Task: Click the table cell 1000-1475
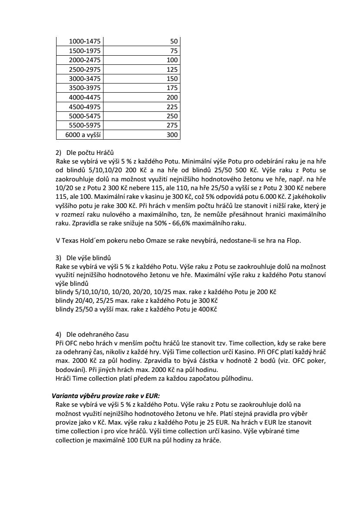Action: pyautogui.click(x=85, y=41)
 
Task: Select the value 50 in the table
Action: pyautogui.click(x=174, y=41)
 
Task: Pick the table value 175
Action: pyautogui.click(x=172, y=88)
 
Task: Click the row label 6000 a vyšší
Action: pyautogui.click(x=83, y=135)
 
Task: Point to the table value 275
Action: pyautogui.click(x=172, y=126)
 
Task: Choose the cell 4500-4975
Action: pyautogui.click(x=85, y=107)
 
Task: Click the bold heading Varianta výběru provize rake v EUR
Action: pyautogui.click(x=106, y=395)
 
